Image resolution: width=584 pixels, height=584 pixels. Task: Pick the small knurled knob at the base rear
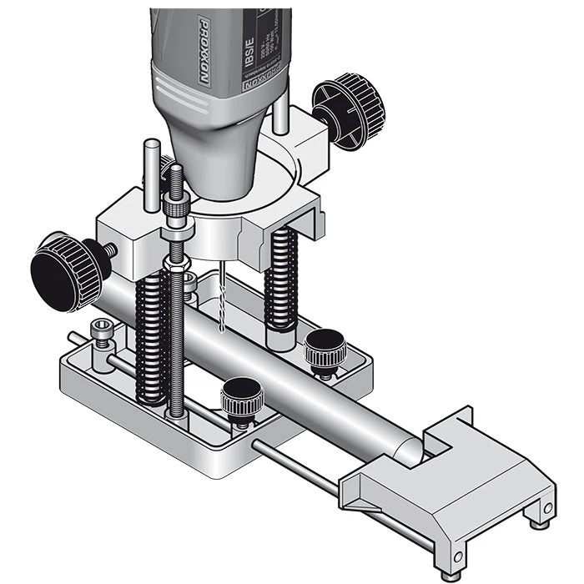tap(324, 350)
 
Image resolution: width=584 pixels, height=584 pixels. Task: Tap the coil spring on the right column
tap(281, 279)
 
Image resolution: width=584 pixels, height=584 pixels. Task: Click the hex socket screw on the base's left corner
tap(101, 330)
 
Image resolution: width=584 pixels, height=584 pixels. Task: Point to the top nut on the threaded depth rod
tap(177, 207)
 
